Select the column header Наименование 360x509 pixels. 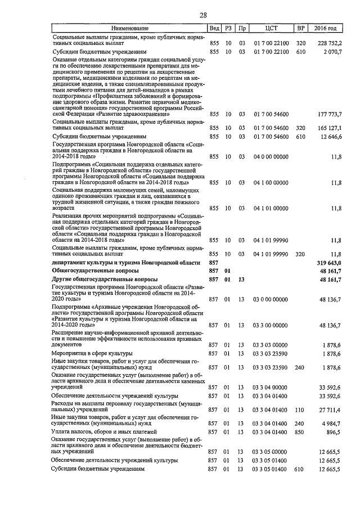click(x=130, y=28)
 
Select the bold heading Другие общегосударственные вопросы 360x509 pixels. click(x=105, y=279)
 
